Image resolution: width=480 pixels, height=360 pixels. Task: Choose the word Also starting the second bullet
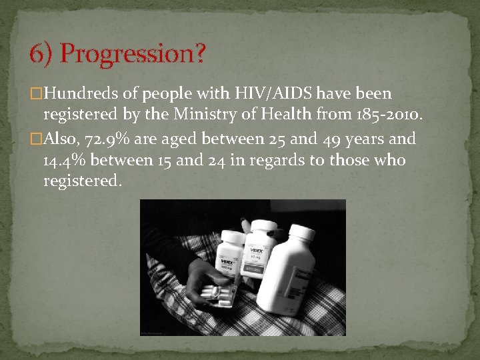[62, 139]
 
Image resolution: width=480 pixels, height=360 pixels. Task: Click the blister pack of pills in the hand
[217, 293]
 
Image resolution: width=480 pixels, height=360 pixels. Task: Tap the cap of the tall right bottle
[300, 232]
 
